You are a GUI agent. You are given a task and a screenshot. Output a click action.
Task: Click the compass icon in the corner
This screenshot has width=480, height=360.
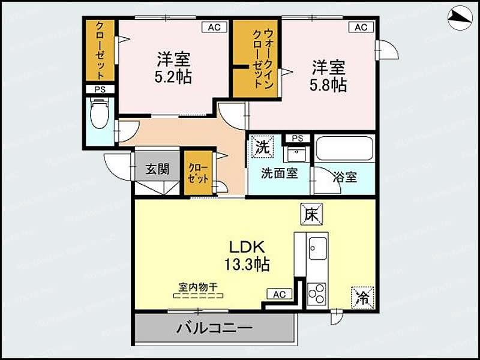(460, 18)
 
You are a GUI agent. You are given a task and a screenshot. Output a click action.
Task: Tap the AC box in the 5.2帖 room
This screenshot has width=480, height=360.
(214, 27)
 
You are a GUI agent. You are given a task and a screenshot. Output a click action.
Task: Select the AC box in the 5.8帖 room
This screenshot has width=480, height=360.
(361, 27)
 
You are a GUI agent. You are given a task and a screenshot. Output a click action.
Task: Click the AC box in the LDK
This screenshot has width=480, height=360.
(279, 294)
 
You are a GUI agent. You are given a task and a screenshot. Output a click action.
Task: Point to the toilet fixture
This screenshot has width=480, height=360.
(100, 113)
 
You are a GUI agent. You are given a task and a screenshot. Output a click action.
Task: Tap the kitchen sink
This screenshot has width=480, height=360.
(317, 248)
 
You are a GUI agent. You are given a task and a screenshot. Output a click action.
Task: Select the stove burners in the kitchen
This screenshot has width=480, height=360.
(316, 294)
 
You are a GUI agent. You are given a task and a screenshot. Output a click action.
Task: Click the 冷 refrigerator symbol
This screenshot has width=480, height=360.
(362, 296)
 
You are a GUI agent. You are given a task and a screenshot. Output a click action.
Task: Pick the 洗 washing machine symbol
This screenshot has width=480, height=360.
(262, 146)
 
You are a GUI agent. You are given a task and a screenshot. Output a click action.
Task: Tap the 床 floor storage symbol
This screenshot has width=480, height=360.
(312, 214)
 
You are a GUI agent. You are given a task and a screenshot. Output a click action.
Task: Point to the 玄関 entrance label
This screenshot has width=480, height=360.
(157, 169)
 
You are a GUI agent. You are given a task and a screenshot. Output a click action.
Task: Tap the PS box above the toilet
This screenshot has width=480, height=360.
(99, 89)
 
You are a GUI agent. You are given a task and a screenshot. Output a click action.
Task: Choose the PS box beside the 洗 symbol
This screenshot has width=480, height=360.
(296, 139)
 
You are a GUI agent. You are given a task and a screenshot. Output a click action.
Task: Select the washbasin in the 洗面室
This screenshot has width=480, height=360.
(295, 155)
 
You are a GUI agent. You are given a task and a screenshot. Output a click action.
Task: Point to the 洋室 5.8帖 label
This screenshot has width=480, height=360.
(328, 76)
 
